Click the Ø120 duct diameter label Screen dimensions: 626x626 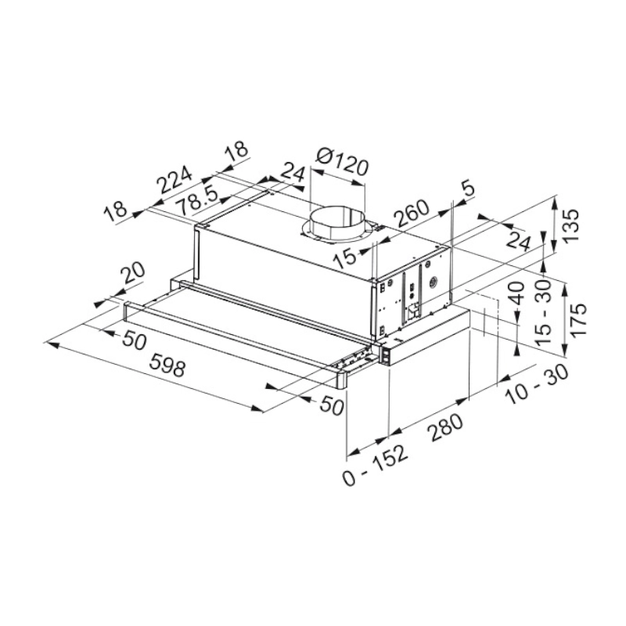tap(341, 162)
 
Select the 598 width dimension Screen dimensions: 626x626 tap(167, 365)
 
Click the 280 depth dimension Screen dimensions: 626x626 tap(446, 427)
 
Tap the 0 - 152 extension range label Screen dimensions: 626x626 tap(376, 464)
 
